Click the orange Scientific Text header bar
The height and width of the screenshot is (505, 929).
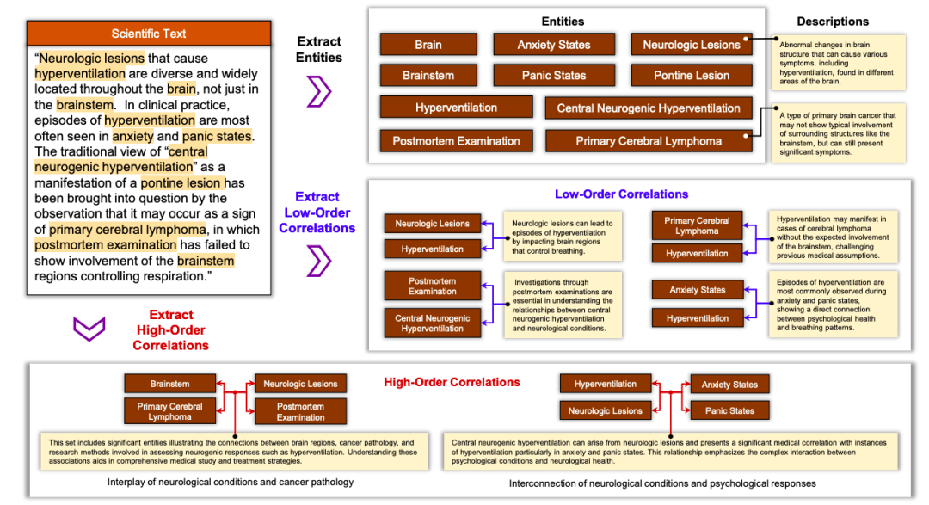click(148, 34)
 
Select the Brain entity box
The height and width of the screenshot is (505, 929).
click(428, 45)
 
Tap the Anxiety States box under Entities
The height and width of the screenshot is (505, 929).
click(553, 45)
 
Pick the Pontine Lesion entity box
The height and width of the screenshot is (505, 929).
click(691, 76)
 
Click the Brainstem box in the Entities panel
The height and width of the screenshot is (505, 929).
click(428, 76)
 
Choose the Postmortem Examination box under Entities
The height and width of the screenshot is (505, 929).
click(456, 141)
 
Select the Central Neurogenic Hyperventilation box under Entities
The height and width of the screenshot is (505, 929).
click(648, 108)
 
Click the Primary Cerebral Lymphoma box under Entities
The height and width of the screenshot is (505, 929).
click(648, 141)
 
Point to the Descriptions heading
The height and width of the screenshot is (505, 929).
click(832, 22)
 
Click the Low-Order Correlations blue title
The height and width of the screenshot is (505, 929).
click(621, 194)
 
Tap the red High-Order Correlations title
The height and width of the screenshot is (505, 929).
click(452, 382)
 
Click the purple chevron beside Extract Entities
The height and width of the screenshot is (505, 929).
click(318, 91)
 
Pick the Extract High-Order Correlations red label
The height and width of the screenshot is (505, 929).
click(170, 329)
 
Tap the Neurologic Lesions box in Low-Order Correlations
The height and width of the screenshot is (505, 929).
click(432, 224)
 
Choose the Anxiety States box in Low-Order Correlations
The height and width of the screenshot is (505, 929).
click(697, 290)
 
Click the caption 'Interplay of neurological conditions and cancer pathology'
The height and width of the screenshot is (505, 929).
click(231, 482)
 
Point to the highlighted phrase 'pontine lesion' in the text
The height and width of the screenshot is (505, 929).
click(181, 182)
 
